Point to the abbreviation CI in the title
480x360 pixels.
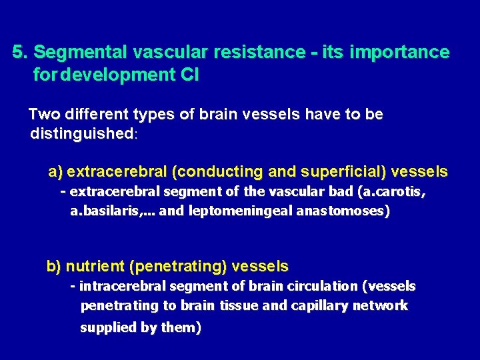(x=189, y=75)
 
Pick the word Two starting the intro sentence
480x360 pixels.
(x=43, y=115)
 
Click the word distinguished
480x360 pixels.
(x=81, y=134)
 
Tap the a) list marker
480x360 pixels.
(x=55, y=172)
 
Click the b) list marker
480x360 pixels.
(x=53, y=267)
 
